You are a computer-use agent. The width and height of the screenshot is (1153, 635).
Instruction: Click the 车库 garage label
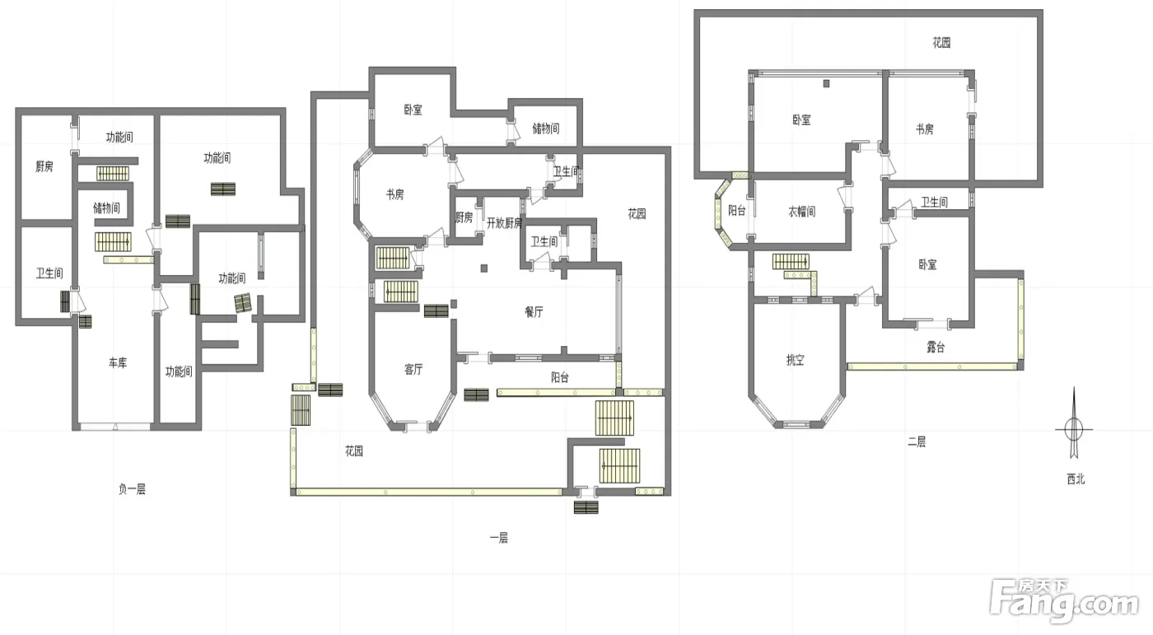tap(117, 362)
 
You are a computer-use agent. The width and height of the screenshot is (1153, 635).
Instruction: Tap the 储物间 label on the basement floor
tap(106, 208)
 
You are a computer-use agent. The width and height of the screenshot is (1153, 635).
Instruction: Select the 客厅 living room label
tap(413, 370)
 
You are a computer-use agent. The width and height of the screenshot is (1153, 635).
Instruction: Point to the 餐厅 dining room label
tap(534, 312)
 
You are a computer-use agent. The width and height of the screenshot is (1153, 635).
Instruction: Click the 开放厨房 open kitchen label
tap(504, 223)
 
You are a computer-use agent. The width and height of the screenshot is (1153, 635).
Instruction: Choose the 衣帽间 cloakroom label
tap(802, 212)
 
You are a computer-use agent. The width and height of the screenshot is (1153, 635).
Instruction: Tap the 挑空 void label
tap(796, 360)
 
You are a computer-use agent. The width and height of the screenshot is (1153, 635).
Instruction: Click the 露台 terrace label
tap(936, 348)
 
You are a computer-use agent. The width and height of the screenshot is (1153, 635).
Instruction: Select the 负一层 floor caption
tap(133, 489)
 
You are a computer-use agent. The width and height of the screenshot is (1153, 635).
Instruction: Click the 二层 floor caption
tap(917, 441)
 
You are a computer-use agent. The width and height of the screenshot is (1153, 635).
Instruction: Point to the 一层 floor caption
tap(499, 539)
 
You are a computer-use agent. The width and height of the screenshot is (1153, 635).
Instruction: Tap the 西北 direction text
tap(1076, 479)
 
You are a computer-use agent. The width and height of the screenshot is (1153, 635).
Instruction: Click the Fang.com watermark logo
tap(1064, 601)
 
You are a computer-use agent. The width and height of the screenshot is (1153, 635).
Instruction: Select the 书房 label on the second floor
tap(924, 129)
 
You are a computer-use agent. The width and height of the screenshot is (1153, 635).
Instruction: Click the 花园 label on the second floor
tap(941, 43)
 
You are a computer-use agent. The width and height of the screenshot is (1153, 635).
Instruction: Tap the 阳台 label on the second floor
tap(737, 210)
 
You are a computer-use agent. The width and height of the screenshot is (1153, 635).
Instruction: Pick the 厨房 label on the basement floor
tap(44, 166)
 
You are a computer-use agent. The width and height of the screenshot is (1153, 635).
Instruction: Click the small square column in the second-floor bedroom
tap(826, 83)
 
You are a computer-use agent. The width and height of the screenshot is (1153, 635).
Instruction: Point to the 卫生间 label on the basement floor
tap(49, 273)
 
